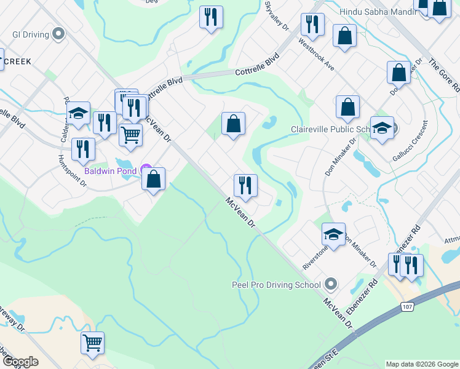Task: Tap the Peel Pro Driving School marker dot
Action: tap(331, 284)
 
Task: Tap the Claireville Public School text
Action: tap(330, 129)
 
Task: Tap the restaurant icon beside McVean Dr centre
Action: tap(245, 184)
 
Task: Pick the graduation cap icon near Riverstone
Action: tap(333, 234)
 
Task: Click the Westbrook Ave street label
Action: tap(316, 54)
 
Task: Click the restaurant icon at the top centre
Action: tap(211, 17)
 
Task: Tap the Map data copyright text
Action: tap(422, 364)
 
